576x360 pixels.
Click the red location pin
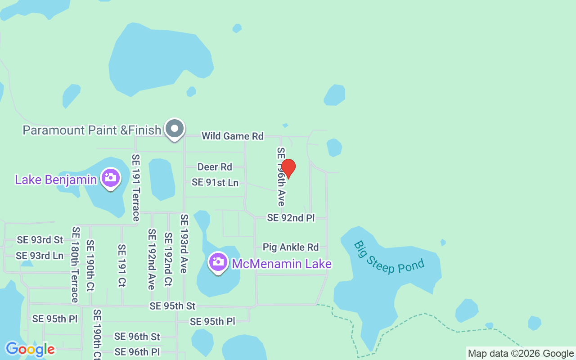click(x=288, y=168)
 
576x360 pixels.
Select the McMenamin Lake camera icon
click(x=218, y=262)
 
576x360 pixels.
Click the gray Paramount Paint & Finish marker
click(x=174, y=130)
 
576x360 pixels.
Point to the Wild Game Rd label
click(x=232, y=136)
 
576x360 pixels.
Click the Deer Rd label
click(x=215, y=167)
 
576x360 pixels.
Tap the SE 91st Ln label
click(x=215, y=182)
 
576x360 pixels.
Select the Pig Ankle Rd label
click(x=291, y=247)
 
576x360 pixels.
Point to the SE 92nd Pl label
click(x=291, y=218)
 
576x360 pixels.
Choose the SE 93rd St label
click(x=40, y=240)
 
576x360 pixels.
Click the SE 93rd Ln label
click(x=40, y=256)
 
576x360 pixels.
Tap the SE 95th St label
click(x=173, y=306)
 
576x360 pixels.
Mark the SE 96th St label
click(x=137, y=337)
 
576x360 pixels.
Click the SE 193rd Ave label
click(x=184, y=243)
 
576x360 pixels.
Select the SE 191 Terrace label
click(x=136, y=188)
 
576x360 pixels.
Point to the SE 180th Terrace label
click(x=75, y=265)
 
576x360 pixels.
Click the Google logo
click(x=30, y=349)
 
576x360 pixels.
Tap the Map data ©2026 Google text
click(x=521, y=354)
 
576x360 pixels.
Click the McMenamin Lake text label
click(x=282, y=264)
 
